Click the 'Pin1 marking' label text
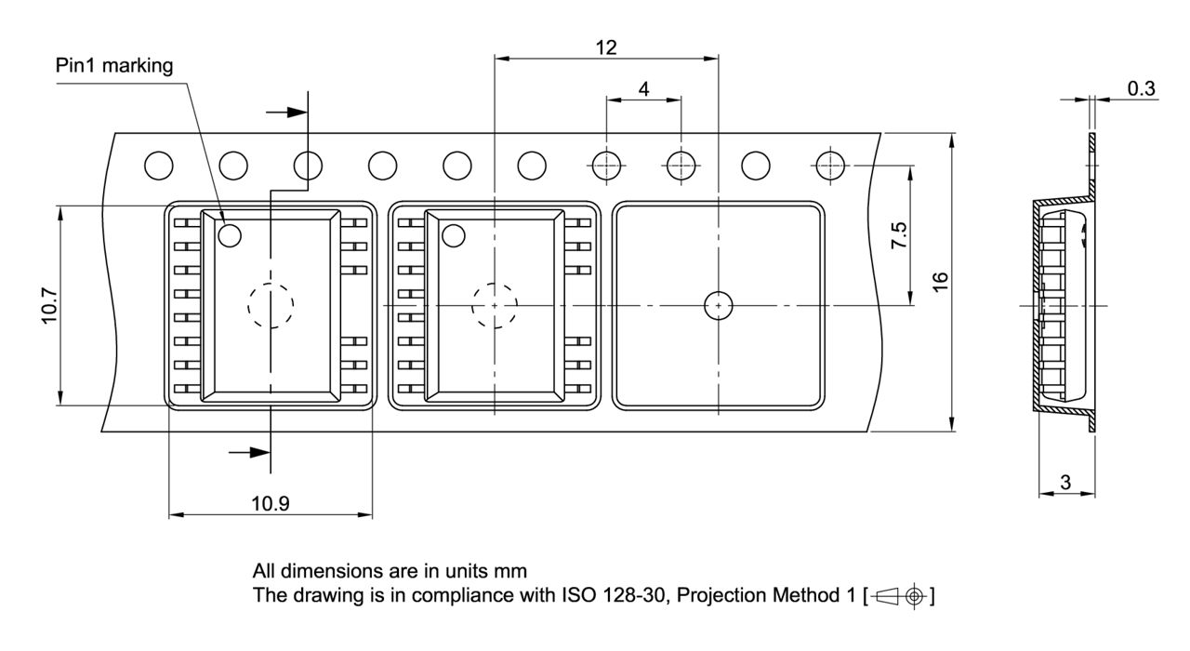[x=114, y=66]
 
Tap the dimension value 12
[x=606, y=47]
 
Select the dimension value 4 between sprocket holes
[x=644, y=88]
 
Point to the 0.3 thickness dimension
[x=1141, y=88]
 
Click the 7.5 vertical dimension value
[x=899, y=235]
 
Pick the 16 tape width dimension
[x=940, y=282]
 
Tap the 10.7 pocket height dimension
[x=49, y=306]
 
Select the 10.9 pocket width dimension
[x=271, y=503]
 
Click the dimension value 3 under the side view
[x=1065, y=483]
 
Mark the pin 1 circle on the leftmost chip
[x=230, y=235]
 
